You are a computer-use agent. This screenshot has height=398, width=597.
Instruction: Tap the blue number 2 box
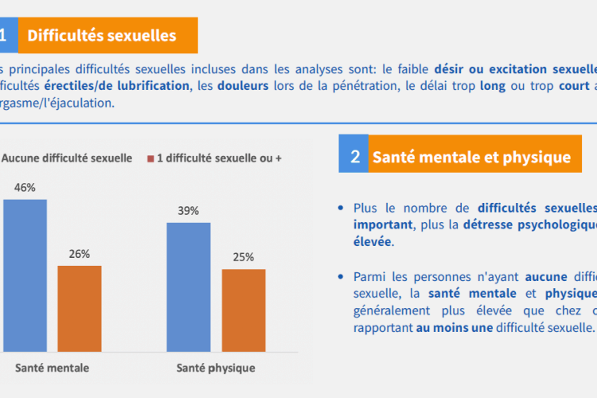coord(354,157)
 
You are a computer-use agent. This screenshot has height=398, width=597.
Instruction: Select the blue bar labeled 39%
coord(189,287)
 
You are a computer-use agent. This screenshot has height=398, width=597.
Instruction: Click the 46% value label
coord(25,188)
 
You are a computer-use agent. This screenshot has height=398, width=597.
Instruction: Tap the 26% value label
coord(80,254)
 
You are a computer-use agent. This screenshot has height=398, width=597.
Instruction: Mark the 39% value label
coord(189,211)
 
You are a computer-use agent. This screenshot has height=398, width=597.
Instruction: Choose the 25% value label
coord(244,257)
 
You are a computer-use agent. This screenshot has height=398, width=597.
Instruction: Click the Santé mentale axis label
coord(53,369)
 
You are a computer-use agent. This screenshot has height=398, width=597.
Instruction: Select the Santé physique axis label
coord(216,369)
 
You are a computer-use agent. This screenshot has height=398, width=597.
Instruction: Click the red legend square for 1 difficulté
coord(150,159)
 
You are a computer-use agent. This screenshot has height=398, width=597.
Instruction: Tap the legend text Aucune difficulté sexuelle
coord(67,158)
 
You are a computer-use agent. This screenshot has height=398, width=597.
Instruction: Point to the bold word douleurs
coord(243,85)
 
